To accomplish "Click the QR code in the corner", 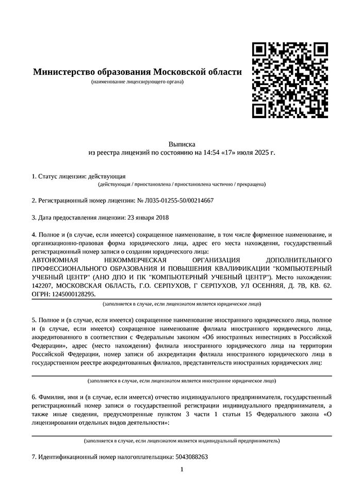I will [x=290, y=79].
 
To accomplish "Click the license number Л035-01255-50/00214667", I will [x=179, y=200].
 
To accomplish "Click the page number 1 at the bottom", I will [x=182, y=469].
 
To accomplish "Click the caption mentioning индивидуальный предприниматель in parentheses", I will [x=182, y=441].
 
